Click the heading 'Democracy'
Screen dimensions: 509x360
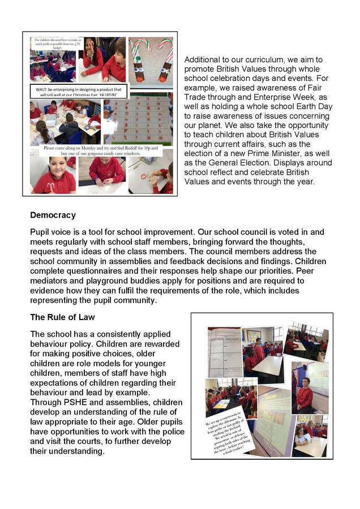tap(53, 215)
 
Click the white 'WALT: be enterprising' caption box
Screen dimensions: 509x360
tap(79, 93)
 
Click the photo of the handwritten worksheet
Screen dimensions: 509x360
tap(224, 353)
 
